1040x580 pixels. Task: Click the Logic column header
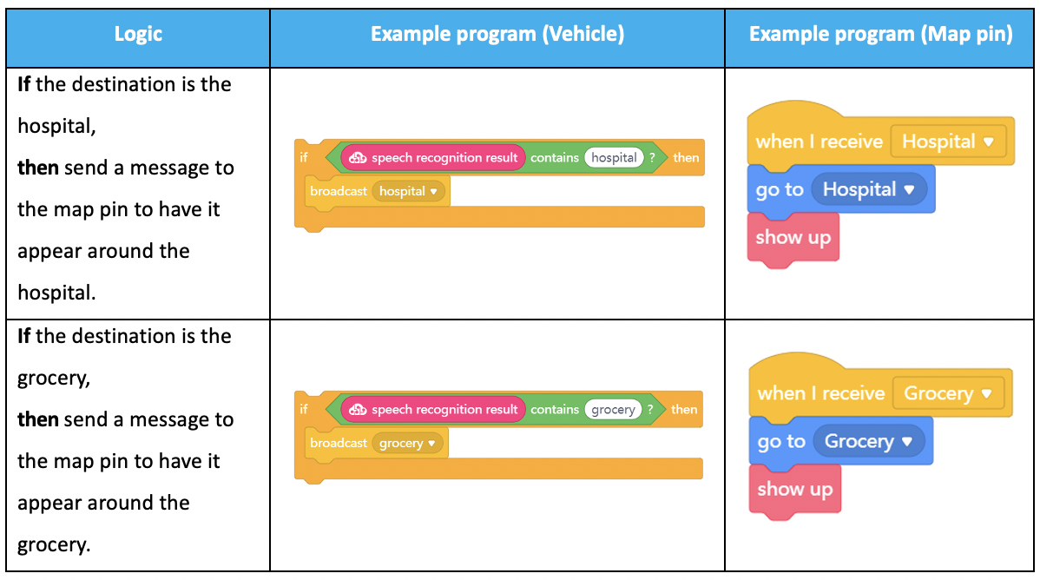pos(138,35)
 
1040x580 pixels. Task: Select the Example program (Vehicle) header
pos(497,35)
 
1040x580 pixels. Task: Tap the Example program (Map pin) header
pos(880,35)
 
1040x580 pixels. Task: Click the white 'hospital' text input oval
pos(614,157)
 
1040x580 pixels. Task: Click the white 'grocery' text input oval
pos(614,410)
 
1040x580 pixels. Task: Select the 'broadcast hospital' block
pos(377,192)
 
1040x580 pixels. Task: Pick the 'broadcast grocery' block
pos(376,444)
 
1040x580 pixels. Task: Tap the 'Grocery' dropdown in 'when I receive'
pos(949,393)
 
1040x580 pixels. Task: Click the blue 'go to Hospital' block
pos(841,190)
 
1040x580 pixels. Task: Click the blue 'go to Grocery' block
pos(840,441)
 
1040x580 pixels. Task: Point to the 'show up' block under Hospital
pos(793,239)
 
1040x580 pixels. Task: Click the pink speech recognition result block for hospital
pos(433,157)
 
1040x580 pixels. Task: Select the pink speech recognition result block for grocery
pos(433,410)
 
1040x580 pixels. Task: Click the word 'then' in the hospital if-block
pos(686,158)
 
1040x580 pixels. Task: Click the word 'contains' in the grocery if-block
pos(555,410)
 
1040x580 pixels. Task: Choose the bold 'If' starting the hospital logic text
pos(24,84)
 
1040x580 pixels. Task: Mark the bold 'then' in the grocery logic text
pos(38,419)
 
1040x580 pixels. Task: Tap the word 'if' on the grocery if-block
pos(304,410)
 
